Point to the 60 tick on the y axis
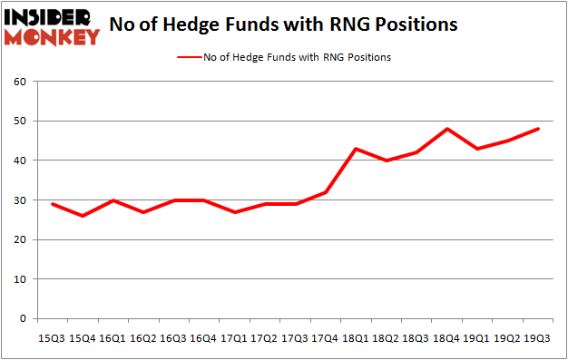[x=18, y=82]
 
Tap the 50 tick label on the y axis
[x=18, y=121]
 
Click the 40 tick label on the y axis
[x=18, y=161]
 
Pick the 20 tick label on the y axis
[x=18, y=239]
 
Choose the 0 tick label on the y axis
[x=22, y=319]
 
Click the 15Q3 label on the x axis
[x=52, y=339]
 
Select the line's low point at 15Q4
[x=83, y=216]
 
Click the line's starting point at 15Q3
[x=52, y=204]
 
